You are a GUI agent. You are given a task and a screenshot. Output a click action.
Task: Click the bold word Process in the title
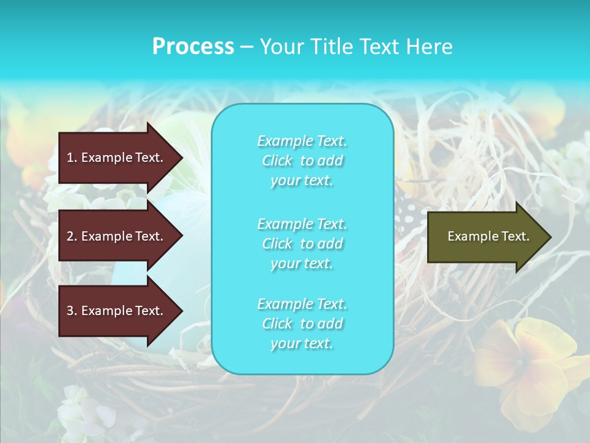[x=193, y=47]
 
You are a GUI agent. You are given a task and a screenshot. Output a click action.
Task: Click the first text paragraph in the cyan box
[x=302, y=161]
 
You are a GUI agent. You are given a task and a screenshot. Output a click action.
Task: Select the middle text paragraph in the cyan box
[x=302, y=244]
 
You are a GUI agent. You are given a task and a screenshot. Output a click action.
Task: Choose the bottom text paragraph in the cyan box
[x=302, y=324]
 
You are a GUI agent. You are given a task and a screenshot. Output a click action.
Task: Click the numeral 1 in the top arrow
[x=70, y=158]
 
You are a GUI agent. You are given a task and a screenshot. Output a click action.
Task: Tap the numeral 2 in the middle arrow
[x=70, y=236]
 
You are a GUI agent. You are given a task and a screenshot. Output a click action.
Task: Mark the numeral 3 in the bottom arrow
[x=70, y=311]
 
